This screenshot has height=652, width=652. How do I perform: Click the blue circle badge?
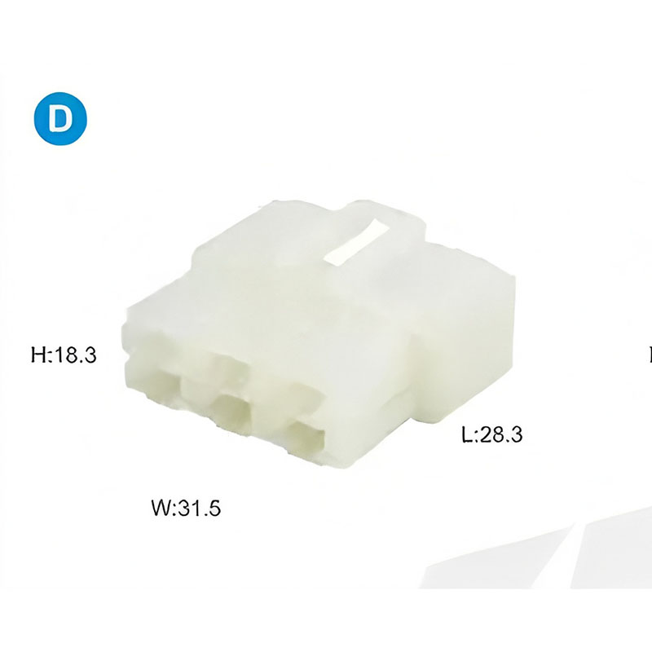point(60,119)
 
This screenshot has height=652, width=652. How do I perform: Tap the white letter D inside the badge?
point(60,119)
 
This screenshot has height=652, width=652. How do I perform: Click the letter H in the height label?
point(39,355)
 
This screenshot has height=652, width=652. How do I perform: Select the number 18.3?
point(75,355)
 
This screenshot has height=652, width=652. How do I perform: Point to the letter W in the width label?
point(161,508)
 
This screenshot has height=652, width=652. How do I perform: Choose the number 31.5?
point(199,508)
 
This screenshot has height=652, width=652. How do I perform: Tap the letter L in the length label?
point(467,435)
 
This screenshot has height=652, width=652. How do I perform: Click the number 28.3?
point(501,435)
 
